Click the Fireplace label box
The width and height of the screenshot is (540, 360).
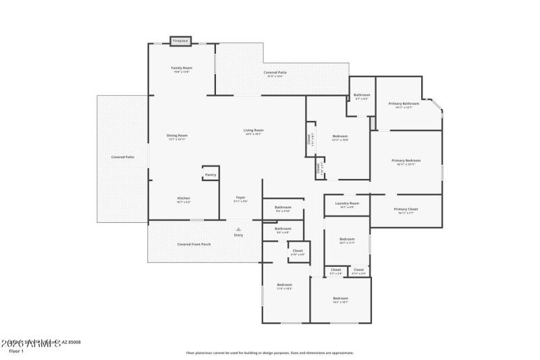point(180,41)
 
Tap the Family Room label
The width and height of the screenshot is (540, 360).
point(182,68)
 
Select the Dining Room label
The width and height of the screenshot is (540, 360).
point(177,135)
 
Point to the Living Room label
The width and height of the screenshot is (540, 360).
point(254,130)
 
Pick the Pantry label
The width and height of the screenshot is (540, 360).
point(210,175)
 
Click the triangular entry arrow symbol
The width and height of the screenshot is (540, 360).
point(238,229)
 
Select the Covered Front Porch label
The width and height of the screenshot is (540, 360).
point(194,244)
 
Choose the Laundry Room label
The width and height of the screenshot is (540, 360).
point(347,203)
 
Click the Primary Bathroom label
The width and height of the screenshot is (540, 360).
point(404,103)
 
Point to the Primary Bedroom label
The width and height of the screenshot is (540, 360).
point(406,160)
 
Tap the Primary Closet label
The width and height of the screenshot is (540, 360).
point(406,209)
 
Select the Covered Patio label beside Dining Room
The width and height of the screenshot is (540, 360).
point(122,157)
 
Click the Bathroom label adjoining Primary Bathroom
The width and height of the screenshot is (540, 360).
point(362,95)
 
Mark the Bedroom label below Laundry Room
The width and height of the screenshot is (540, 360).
point(347,239)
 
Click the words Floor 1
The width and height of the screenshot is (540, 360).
point(16,351)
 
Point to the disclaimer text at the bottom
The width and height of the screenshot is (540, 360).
point(269,353)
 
